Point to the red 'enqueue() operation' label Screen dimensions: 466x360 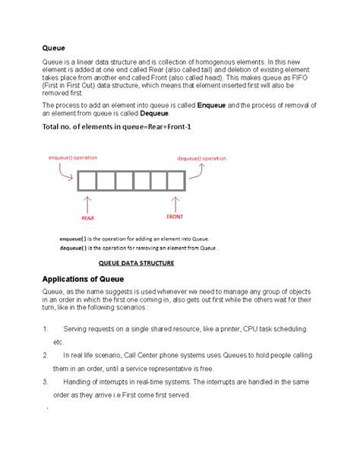pos(73,158)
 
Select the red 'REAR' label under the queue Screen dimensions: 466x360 pos(88,217)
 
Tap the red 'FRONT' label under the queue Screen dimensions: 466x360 pos(175,217)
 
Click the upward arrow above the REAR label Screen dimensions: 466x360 pos(88,203)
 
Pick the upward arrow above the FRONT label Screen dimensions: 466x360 pos(175,202)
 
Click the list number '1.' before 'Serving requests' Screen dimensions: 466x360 pos(47,329)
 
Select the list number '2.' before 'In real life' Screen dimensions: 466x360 pos(47,355)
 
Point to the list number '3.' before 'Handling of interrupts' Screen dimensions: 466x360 pos(47,381)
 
